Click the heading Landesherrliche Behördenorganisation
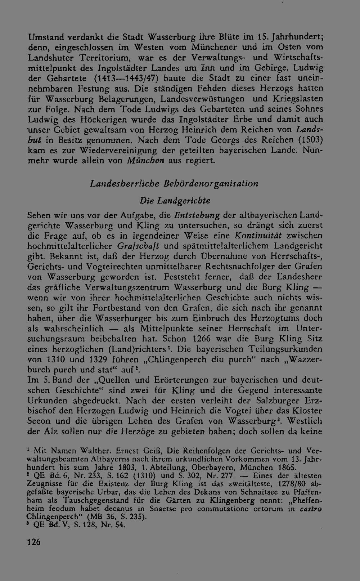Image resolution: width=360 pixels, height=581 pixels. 174,184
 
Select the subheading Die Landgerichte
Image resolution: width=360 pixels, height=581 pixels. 175,200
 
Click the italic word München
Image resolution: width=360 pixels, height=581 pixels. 146,161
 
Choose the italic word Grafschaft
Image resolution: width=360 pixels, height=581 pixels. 139,246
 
